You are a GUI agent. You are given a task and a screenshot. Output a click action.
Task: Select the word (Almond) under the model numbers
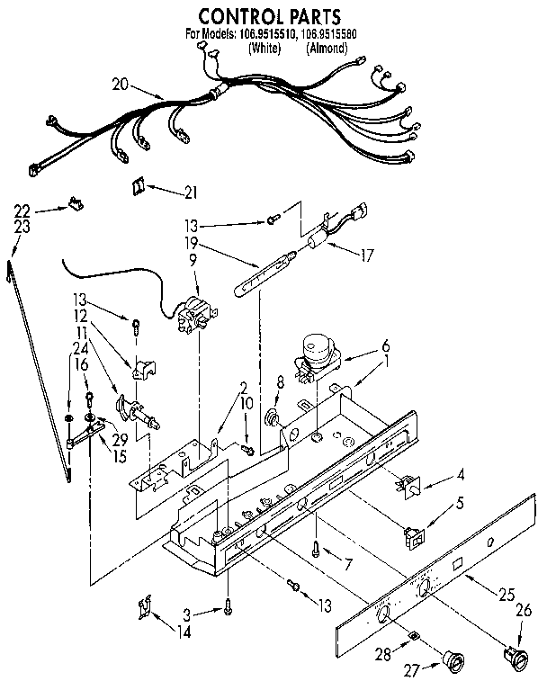coord(327,49)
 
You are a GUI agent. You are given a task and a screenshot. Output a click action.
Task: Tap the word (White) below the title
coord(263,49)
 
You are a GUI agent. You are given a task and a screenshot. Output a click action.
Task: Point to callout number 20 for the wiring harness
coord(120,85)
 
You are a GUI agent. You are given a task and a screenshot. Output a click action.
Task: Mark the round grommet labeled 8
coord(270,417)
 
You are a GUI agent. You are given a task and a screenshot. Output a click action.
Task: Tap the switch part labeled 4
coord(405,487)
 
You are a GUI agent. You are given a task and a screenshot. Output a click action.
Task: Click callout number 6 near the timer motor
coord(386,345)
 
